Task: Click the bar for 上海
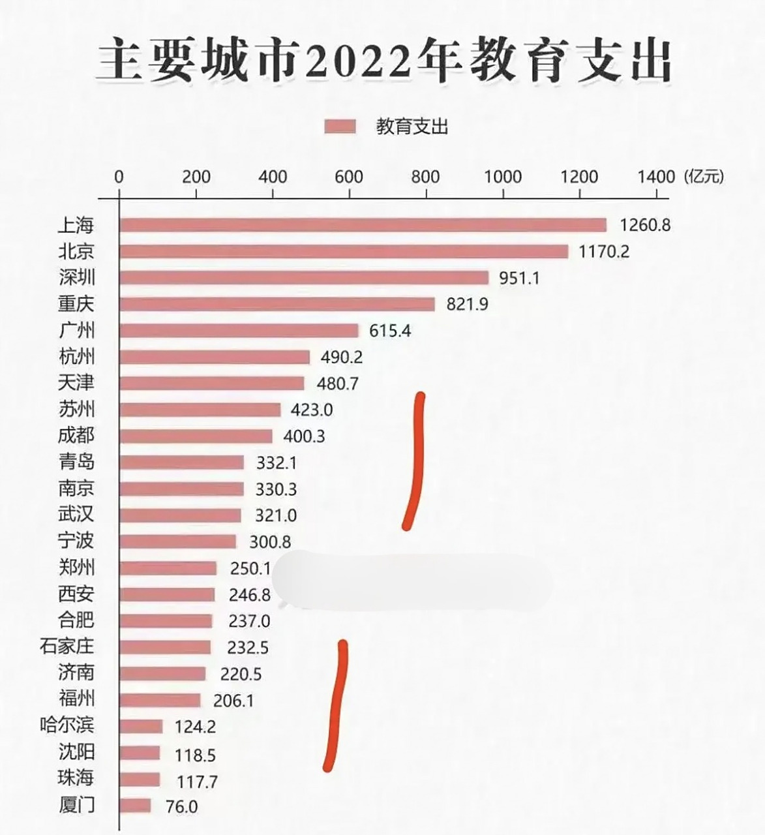[363, 225]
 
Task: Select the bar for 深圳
[304, 278]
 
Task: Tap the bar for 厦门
[135, 806]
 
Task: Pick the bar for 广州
[239, 331]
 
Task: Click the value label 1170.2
[604, 251]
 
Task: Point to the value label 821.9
[467, 304]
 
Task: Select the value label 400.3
[304, 436]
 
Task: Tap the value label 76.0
[181, 807]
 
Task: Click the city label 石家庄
[67, 646]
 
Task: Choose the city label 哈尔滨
[67, 725]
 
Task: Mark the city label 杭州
[76, 357]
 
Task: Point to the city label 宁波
[76, 541]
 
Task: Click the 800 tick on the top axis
[426, 177]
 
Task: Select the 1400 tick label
[656, 177]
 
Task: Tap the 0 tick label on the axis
[119, 177]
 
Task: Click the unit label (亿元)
[704, 176]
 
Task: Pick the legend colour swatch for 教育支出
[340, 127]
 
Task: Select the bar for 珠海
[140, 780]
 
